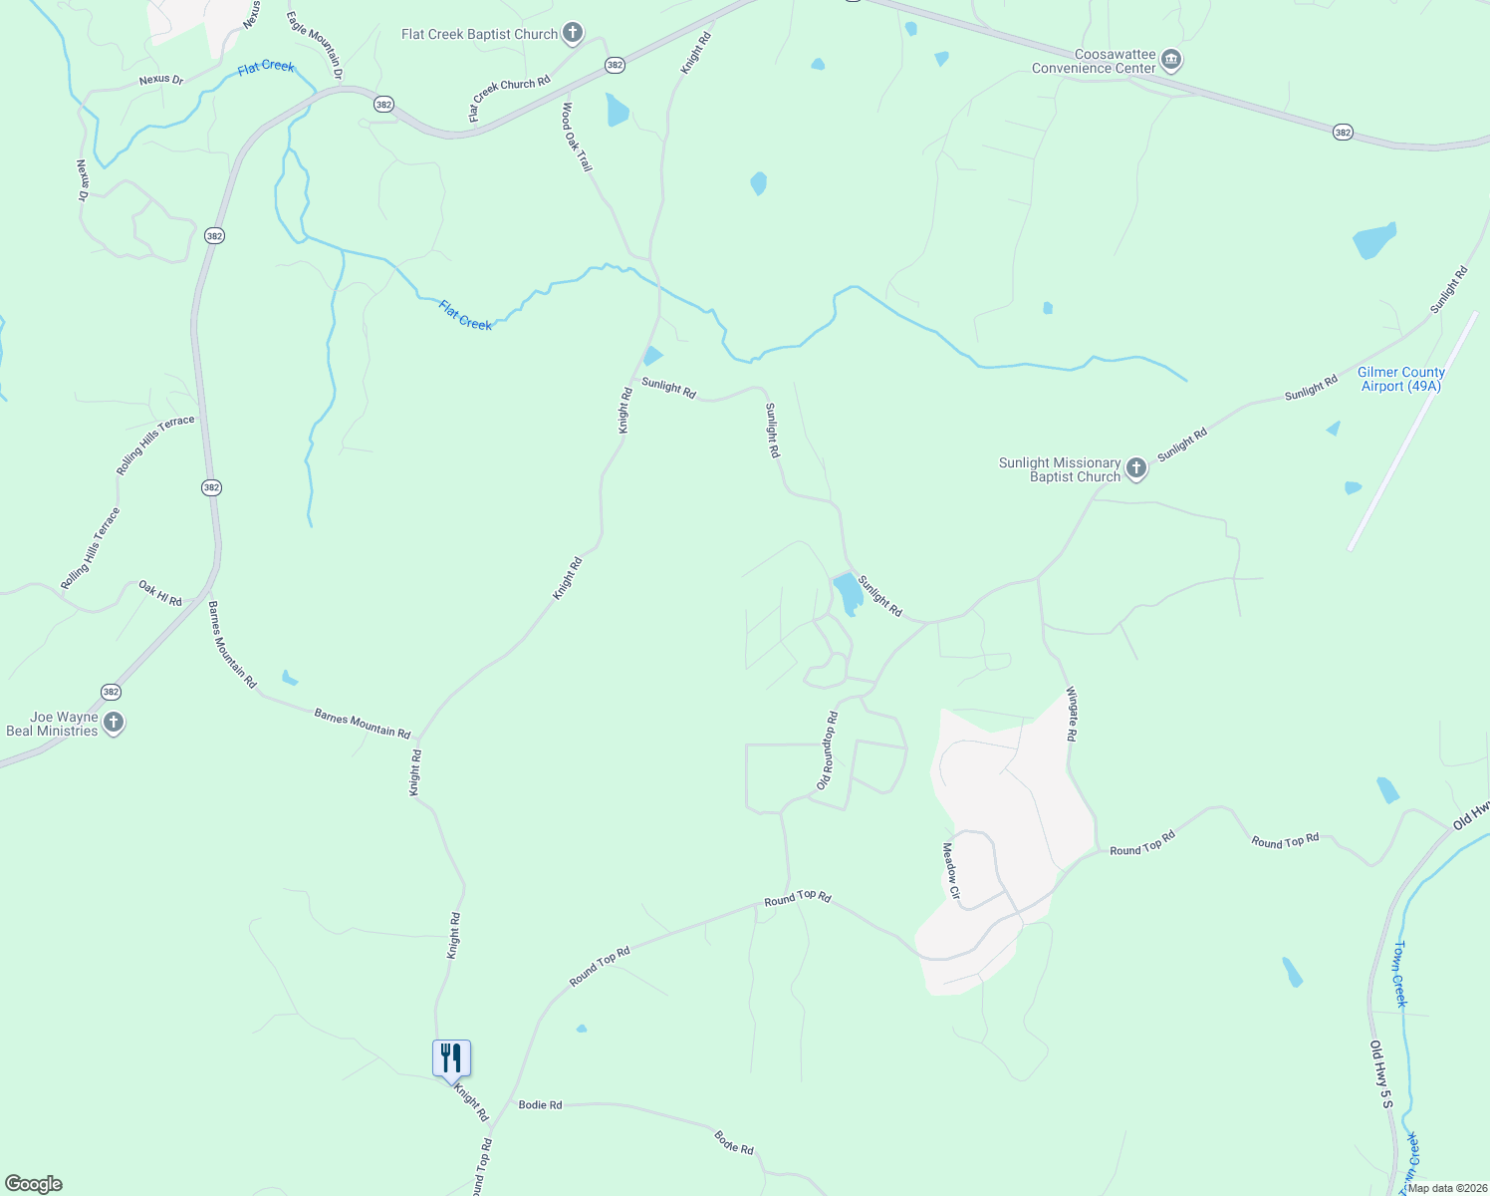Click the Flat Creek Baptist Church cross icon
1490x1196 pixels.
573,34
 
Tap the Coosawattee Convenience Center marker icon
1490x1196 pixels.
1171,61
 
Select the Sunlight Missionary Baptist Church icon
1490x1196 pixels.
1136,469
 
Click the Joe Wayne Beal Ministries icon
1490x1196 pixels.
114,724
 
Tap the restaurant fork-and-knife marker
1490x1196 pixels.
451,1059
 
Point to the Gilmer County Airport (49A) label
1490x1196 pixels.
1400,379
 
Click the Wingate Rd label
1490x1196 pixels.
1072,714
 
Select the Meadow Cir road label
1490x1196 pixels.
950,871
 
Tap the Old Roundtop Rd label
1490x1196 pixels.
827,750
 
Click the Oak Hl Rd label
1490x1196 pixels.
160,594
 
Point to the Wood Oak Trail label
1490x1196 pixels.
577,137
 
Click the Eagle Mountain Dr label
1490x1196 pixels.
314,45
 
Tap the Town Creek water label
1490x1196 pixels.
1399,974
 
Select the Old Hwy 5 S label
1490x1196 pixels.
1379,1074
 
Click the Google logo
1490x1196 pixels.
34,1184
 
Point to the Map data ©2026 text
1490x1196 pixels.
1446,1188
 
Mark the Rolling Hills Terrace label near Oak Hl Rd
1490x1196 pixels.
90,548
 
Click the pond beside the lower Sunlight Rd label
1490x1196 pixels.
849,593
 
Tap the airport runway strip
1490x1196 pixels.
1412,431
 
